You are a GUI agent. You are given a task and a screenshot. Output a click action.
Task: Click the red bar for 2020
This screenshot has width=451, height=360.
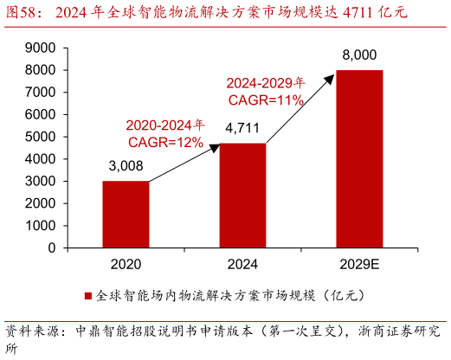(x=126, y=214)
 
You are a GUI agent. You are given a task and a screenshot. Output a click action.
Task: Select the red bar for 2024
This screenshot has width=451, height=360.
(x=242, y=195)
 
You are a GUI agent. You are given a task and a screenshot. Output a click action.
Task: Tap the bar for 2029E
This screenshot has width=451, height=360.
(x=359, y=158)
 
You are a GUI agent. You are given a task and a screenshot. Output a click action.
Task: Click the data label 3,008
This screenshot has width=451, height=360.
(x=126, y=167)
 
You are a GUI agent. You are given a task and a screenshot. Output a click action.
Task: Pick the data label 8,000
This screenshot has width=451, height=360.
(x=359, y=55)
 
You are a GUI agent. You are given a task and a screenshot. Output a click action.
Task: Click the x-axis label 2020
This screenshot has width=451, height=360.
(x=126, y=264)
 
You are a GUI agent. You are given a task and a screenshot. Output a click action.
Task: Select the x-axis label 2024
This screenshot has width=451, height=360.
(x=242, y=264)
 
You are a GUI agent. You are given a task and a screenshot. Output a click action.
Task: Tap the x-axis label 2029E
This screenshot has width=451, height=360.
(x=359, y=264)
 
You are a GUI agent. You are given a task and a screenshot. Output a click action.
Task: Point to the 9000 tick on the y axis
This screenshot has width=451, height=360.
(x=40, y=47)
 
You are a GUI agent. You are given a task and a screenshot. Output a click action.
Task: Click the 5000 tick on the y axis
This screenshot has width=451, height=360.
(x=40, y=136)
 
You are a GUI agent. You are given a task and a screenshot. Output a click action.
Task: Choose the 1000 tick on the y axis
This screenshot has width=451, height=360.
(x=40, y=225)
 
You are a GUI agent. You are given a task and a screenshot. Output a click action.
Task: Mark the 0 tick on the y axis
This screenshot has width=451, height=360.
(x=51, y=247)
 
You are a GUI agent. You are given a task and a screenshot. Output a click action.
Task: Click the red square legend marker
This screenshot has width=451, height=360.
(x=88, y=295)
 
